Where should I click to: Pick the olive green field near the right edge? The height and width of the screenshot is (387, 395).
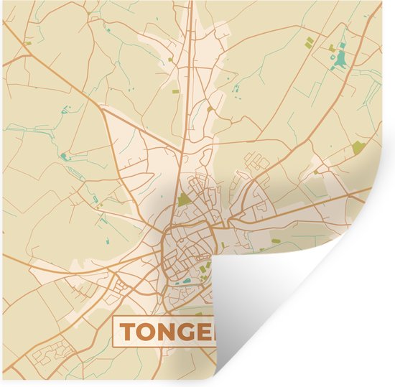(359, 149)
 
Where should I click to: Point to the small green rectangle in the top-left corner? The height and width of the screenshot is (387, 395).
(28, 43)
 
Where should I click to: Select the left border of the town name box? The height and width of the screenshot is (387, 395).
(113, 331)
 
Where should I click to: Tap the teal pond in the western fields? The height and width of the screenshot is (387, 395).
(64, 157)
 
